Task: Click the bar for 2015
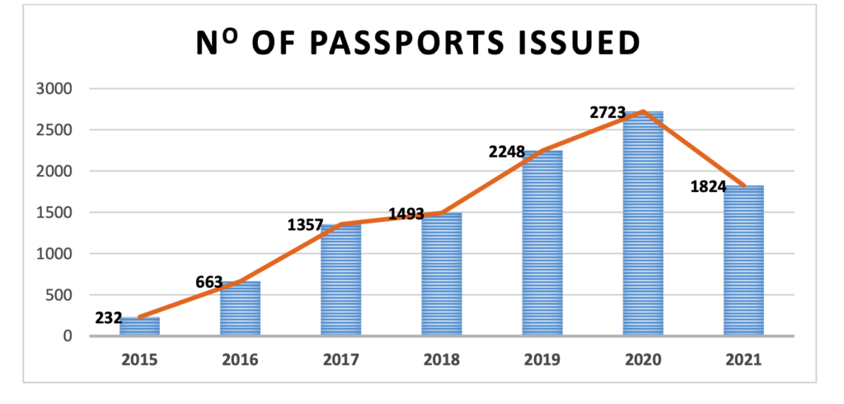tap(139, 326)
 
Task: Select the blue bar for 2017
tap(340, 280)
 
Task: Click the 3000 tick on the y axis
tap(57, 89)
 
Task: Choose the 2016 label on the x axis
tap(240, 359)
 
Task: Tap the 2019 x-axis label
tap(542, 359)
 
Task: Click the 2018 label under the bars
tap(442, 359)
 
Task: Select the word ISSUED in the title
tap(577, 44)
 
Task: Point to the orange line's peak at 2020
tap(643, 111)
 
